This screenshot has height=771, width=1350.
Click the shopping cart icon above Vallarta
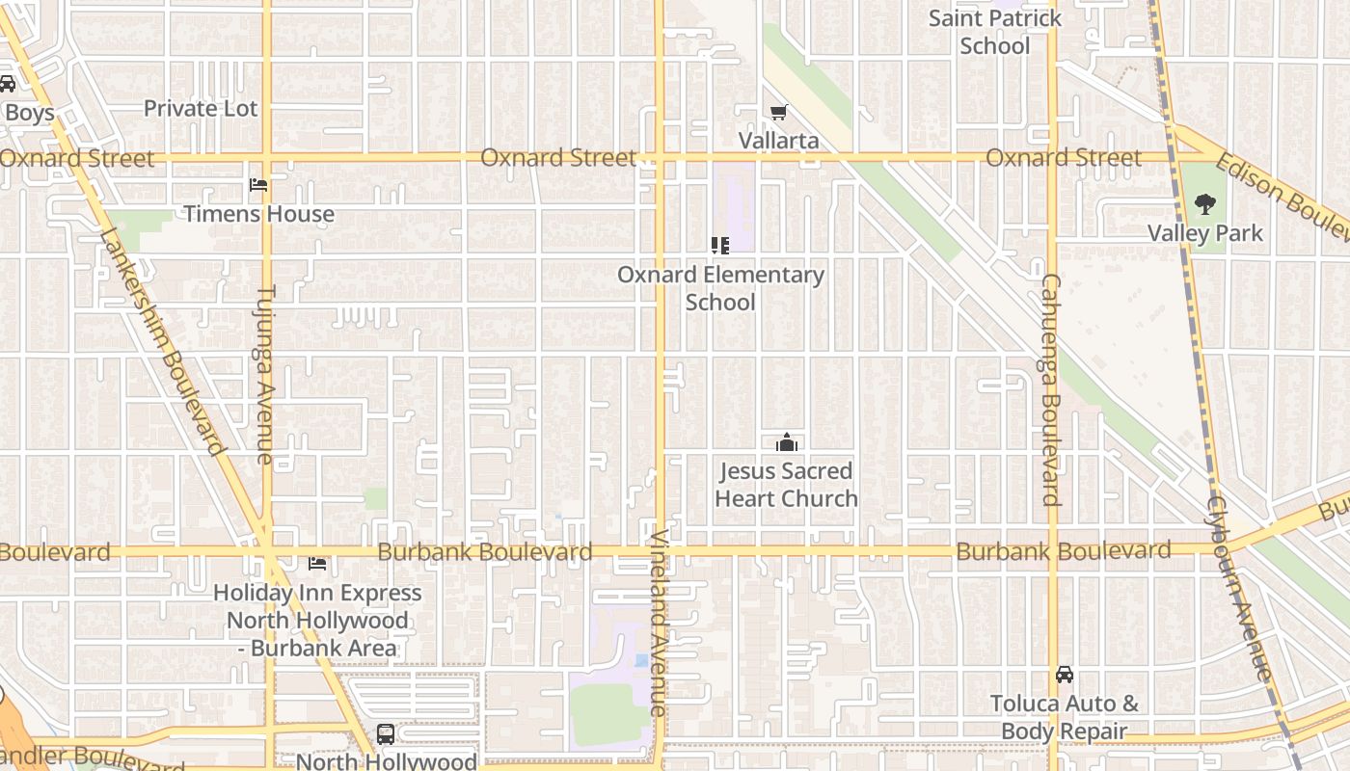pos(778,113)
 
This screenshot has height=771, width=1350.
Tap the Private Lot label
pos(201,109)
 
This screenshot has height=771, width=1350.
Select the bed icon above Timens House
pos(257,184)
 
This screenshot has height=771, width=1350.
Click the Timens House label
pos(258,214)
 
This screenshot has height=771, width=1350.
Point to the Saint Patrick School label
pos(995,32)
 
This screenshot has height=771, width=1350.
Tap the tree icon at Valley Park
pos(1204,203)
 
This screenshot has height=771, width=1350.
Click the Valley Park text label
pos(1204,233)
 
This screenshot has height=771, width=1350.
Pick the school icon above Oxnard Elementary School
pos(719,246)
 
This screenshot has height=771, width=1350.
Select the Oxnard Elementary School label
pos(720,288)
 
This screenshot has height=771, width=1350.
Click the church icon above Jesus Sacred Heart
pos(787,442)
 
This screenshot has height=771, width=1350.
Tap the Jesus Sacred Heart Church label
pos(787,485)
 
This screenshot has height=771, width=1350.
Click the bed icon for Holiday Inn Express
pos(317,563)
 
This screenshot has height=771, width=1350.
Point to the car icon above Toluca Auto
pos(1064,675)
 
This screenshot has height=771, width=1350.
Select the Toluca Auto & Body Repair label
pos(1064,718)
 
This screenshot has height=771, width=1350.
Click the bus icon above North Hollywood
pos(385,734)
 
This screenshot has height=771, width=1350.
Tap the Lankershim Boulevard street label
pos(162,341)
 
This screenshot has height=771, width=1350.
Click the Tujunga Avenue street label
pos(267,374)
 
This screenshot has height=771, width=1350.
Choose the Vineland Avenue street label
pos(659,623)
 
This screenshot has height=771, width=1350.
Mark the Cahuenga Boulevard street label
pos(1050,389)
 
